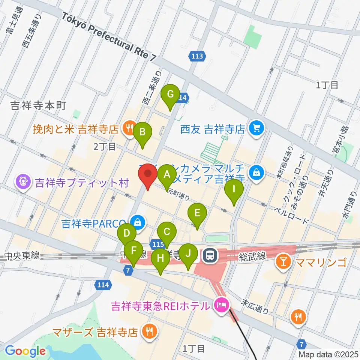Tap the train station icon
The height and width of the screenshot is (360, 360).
pos(209,256)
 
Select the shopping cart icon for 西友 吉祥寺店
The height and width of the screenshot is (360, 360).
pos(257,129)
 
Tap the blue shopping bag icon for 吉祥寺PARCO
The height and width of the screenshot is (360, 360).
pos(138,222)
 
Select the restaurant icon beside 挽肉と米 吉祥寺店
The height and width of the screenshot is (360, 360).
pos(129,129)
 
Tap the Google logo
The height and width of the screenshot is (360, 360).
pos(25,351)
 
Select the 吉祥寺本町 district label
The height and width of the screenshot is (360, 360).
pos(38,106)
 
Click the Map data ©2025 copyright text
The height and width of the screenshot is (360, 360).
pos(328,354)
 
